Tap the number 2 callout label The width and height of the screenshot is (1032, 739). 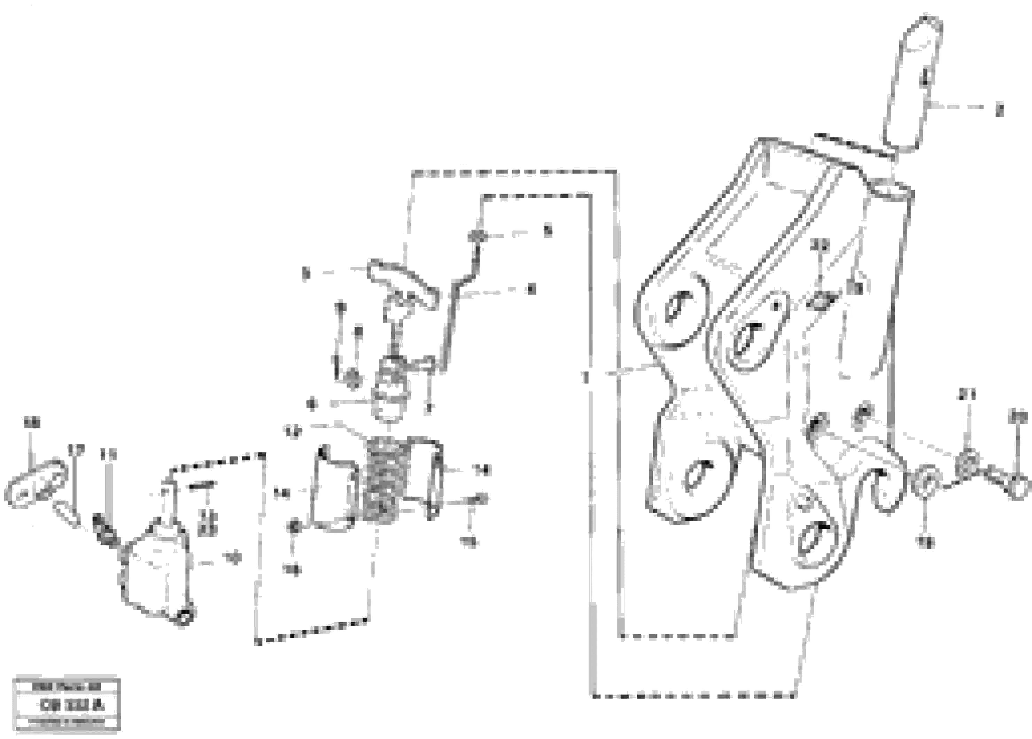point(999,110)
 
